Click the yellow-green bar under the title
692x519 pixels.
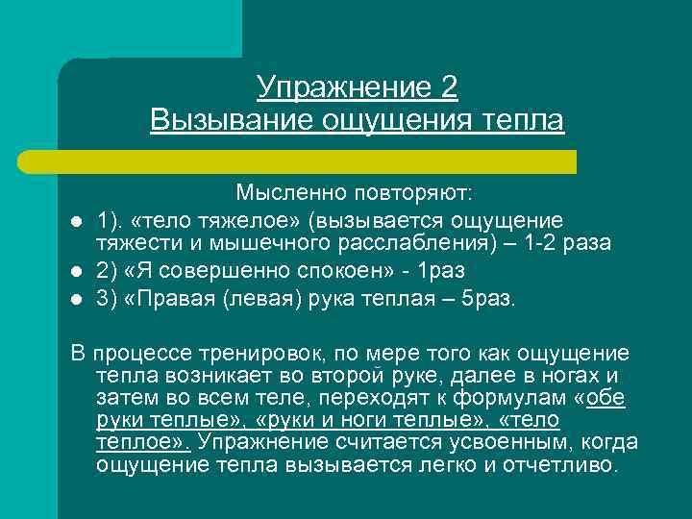coord(317,161)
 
